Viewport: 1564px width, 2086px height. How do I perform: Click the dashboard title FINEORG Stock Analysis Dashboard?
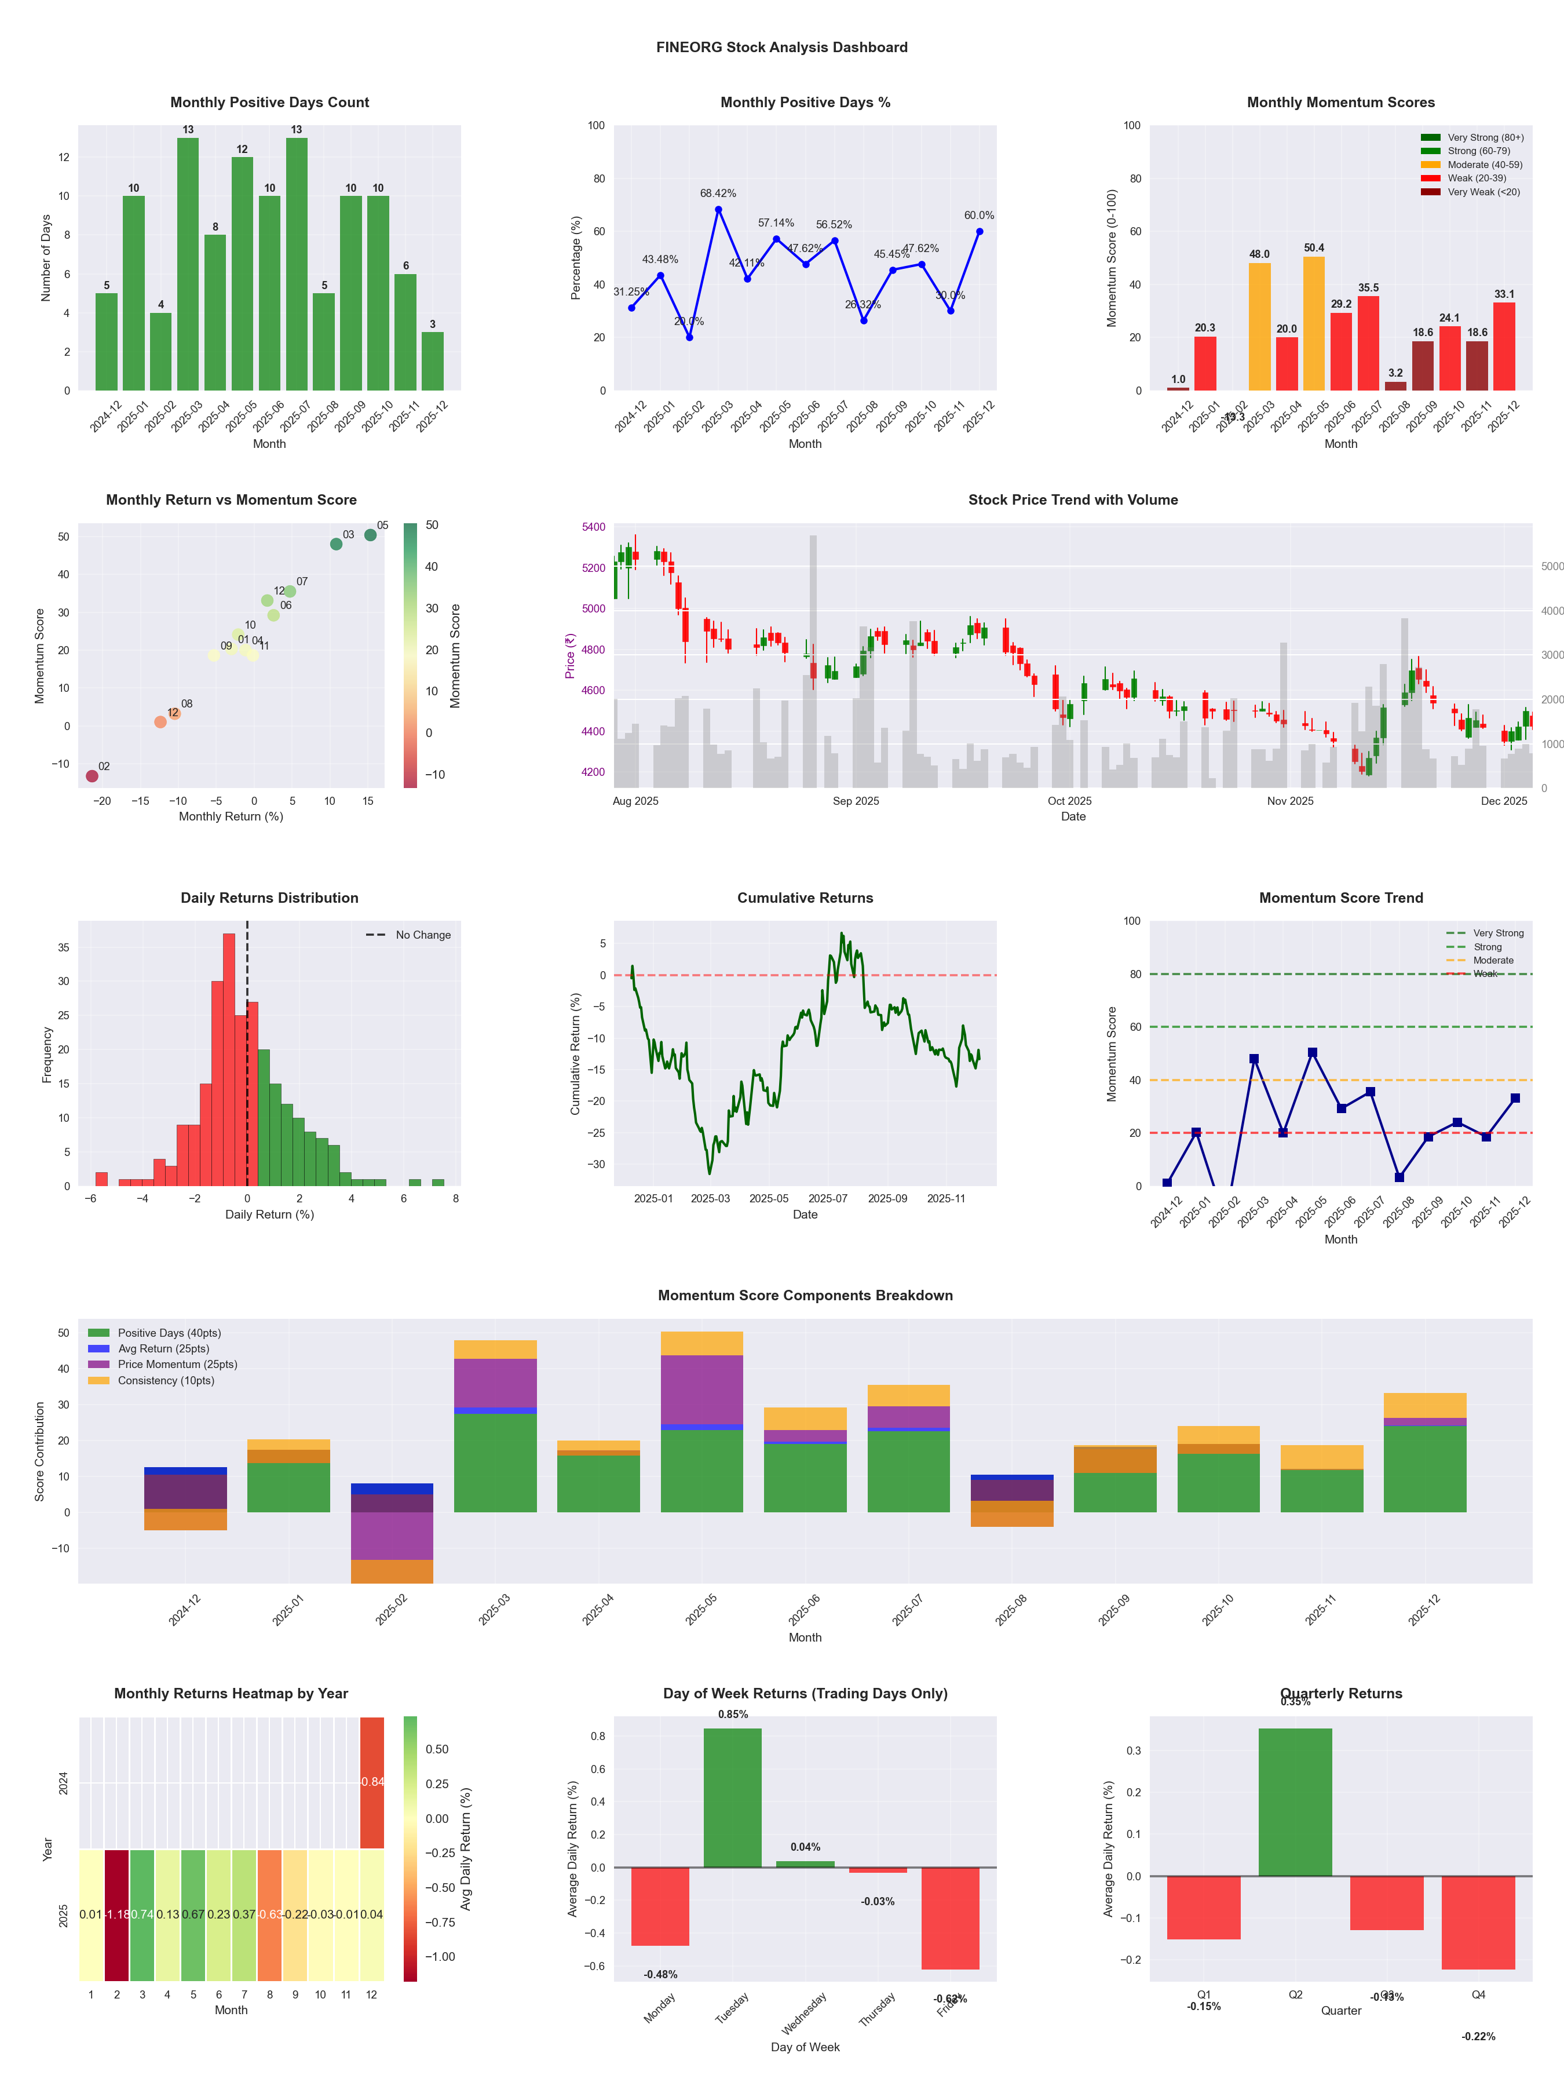781,47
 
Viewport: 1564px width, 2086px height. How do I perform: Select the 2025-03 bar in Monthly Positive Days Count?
188,264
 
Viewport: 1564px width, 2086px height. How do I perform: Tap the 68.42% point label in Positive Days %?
718,194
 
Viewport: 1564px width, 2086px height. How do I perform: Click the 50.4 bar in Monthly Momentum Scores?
1313,323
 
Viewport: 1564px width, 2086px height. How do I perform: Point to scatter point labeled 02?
92,776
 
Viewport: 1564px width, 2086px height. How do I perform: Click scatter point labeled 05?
371,535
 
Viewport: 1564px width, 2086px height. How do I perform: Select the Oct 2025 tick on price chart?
1069,801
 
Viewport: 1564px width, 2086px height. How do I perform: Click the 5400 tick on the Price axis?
594,527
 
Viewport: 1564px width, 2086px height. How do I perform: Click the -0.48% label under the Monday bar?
660,1975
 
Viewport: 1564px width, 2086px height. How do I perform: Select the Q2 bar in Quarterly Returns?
1295,1802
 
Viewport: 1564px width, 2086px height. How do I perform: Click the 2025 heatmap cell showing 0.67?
193,1914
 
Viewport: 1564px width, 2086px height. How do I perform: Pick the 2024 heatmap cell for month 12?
371,1782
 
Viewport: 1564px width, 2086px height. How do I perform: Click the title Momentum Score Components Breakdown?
805,1296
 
